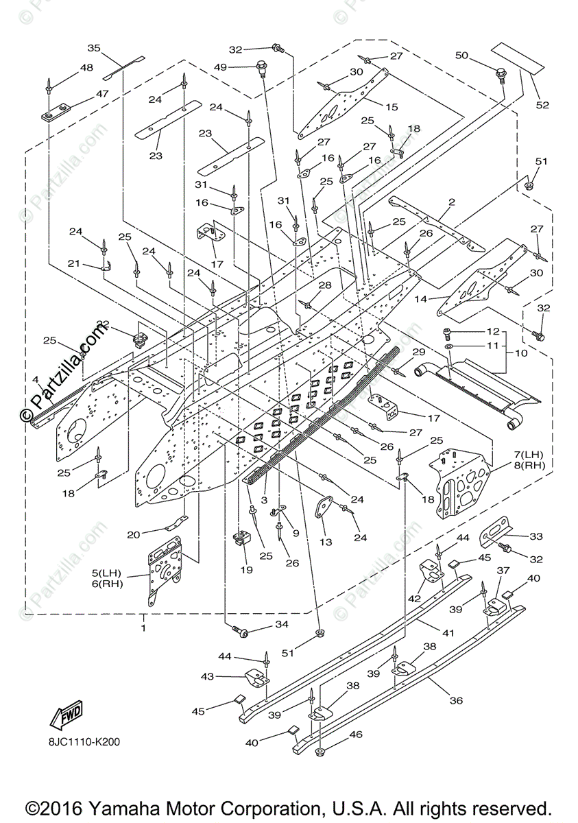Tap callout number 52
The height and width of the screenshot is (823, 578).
tap(543, 105)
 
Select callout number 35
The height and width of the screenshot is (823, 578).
tap(94, 48)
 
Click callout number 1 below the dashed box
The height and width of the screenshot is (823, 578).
tap(143, 628)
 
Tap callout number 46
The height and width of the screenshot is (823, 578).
tap(356, 734)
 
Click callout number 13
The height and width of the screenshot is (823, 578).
tap(325, 542)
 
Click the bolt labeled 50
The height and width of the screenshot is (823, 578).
tap(500, 71)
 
